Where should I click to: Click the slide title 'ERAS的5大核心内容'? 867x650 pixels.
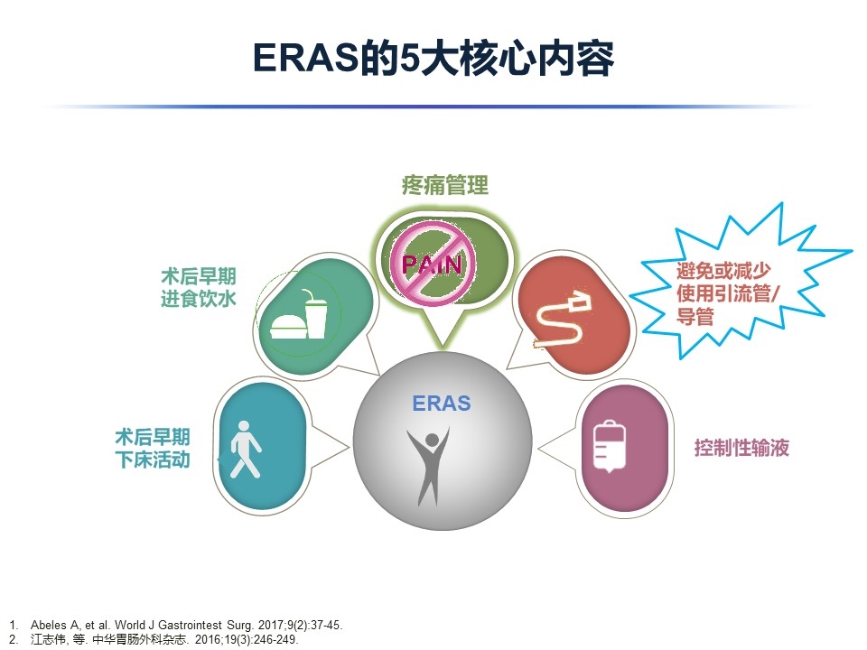(x=433, y=58)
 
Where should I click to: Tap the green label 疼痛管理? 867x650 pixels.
(x=445, y=184)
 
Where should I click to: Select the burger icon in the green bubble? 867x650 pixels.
(x=288, y=326)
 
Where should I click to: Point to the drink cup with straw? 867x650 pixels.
(x=315, y=314)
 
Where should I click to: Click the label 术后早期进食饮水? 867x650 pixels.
(x=199, y=287)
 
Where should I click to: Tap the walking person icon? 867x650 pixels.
(x=245, y=450)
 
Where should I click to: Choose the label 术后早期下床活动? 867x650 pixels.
(x=153, y=449)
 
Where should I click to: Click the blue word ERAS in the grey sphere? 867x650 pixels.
(x=442, y=403)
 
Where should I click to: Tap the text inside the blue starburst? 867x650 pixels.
(x=727, y=293)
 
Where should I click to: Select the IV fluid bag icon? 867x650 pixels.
(x=609, y=447)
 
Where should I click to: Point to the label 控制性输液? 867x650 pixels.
(x=741, y=447)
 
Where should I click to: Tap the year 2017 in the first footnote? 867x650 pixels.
(x=271, y=625)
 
